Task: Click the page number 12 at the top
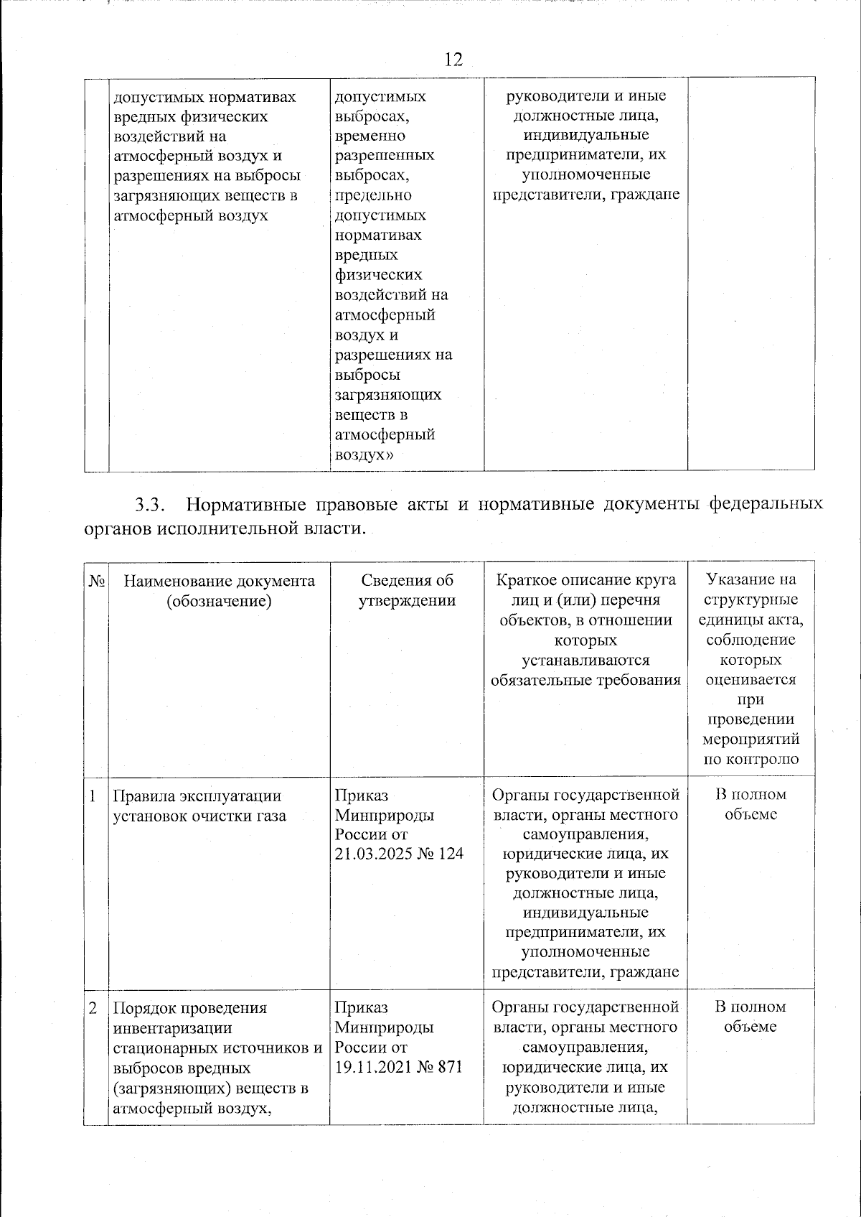coord(453,59)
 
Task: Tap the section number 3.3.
coord(151,505)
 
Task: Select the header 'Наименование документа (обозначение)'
coord(219,591)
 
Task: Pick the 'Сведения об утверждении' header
coord(407,591)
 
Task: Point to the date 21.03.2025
coord(369,854)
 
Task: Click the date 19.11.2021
coord(369,1067)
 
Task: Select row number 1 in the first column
coord(93,796)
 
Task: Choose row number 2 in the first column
coord(93,1007)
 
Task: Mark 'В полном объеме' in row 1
coord(750,804)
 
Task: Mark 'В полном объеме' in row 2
coord(750,1017)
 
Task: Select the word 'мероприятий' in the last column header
coord(750,740)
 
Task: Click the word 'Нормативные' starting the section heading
coord(236,505)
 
